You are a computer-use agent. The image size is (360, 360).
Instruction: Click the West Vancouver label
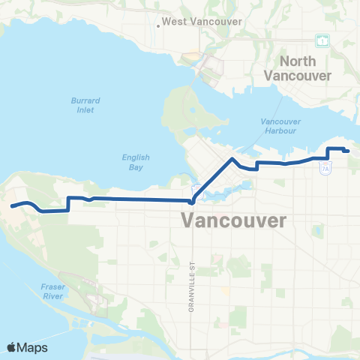[202, 22]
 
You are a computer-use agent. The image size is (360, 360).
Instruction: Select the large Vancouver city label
[234, 221]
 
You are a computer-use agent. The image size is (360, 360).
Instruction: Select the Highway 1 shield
[322, 39]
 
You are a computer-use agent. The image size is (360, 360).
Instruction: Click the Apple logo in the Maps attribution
[12, 347]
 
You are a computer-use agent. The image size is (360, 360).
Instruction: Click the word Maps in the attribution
[33, 347]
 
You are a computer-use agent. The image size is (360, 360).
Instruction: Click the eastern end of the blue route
[349, 151]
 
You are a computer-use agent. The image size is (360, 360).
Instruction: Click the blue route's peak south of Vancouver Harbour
[232, 159]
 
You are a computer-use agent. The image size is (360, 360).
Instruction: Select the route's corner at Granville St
[193, 201]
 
